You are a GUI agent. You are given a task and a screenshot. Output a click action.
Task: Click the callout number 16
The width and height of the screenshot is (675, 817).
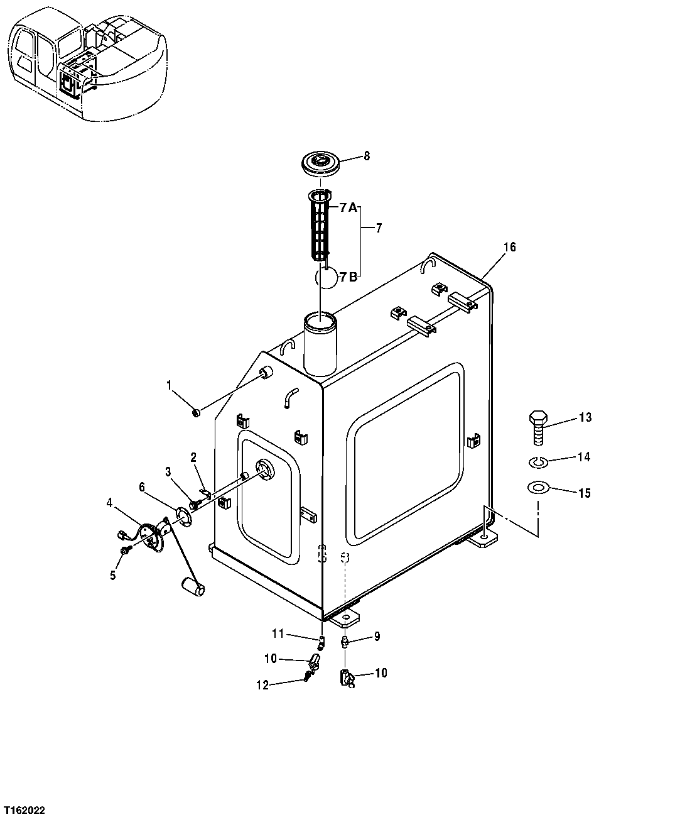pyautogui.click(x=509, y=248)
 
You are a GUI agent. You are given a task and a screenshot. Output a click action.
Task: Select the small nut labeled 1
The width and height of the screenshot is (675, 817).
pyautogui.click(x=196, y=412)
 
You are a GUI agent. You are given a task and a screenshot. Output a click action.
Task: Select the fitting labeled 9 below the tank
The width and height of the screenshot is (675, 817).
pyautogui.click(x=344, y=641)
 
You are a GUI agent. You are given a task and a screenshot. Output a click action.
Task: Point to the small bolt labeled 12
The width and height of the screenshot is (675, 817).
pyautogui.click(x=307, y=676)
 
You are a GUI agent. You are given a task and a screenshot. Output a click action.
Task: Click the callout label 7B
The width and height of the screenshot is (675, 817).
pyautogui.click(x=348, y=277)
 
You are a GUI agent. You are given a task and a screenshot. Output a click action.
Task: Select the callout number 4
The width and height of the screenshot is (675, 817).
pyautogui.click(x=109, y=502)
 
